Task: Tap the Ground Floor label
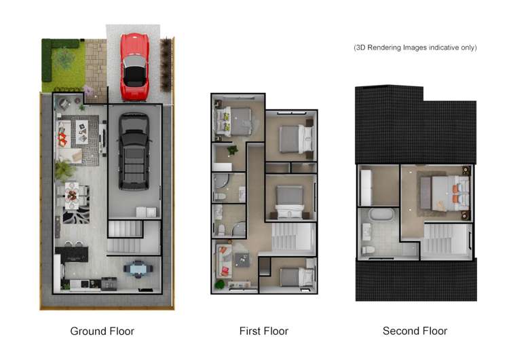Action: pos(102,331)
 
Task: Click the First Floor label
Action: pos(263,331)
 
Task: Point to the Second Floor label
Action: pos(415,331)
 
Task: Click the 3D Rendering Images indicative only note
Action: pos(415,48)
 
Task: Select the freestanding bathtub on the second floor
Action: pos(382,217)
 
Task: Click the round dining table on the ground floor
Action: pos(72,196)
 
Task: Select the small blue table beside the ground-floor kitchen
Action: pos(138,268)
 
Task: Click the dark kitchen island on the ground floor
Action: pos(72,254)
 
